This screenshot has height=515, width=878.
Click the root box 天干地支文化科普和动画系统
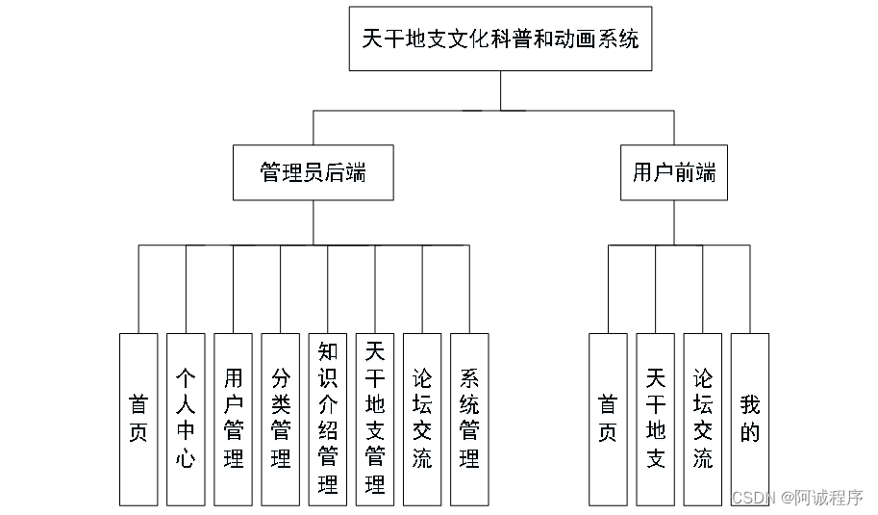500,39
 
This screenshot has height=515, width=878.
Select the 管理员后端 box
314,172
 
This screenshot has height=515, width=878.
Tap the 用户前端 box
673,172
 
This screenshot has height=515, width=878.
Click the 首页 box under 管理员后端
138,419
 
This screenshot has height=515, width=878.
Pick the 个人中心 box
186,419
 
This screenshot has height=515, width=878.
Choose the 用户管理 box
233,419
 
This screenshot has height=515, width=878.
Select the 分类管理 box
281,419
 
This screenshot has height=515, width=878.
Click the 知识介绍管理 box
328,419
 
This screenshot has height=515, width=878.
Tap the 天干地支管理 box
375,419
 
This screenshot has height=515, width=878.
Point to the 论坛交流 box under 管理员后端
422,419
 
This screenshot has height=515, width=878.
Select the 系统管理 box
469,419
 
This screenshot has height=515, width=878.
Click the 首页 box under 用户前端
608,419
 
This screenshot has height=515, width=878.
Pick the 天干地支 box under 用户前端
655,419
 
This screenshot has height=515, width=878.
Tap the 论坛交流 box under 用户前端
703,419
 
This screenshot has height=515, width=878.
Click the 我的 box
750,419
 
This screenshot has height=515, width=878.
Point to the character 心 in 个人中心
186,458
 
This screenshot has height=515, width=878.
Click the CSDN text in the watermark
753,498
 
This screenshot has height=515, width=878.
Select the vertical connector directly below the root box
500,90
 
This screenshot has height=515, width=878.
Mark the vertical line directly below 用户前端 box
673,222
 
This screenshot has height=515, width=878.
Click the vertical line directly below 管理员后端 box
314,222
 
